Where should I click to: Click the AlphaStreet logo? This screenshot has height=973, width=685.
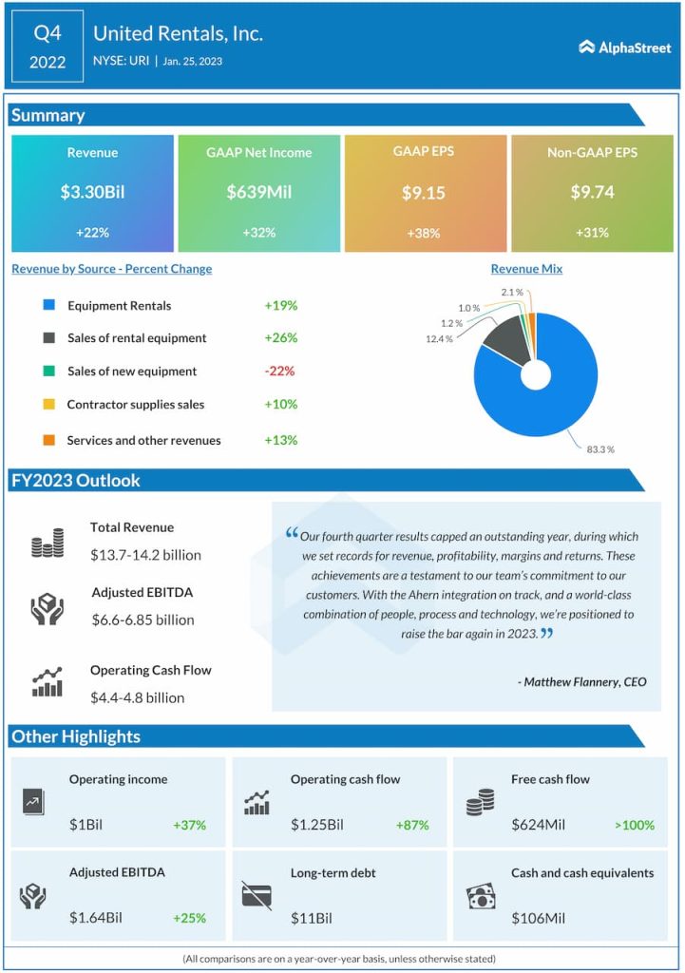pos(623,47)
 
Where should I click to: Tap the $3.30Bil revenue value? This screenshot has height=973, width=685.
pos(92,192)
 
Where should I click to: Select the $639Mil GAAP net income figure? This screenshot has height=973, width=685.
pos(258,192)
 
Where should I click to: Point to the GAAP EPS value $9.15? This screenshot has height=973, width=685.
pos(423,192)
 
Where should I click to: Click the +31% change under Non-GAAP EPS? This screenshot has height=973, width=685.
pos(590,233)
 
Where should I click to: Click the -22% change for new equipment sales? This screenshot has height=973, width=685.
pos(280,372)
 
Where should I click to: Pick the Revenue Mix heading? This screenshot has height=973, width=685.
pos(526,269)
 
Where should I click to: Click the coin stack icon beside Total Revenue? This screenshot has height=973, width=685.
pos(47,544)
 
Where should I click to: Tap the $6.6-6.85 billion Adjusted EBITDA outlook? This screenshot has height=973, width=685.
pos(143,620)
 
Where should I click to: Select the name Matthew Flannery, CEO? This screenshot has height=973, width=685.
pos(582,681)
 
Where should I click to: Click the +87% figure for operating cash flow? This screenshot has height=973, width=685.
pos(411,825)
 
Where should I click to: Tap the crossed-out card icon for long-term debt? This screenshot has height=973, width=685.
pos(257,895)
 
